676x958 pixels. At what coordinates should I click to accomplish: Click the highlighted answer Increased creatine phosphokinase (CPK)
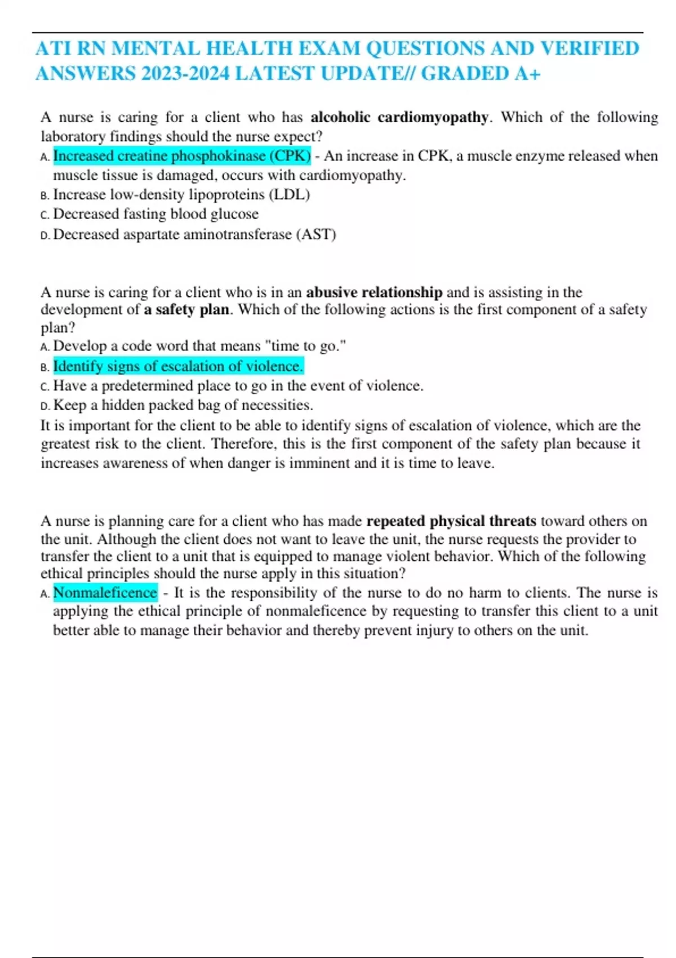point(182,156)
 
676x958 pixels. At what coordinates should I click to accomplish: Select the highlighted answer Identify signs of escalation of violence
point(178,366)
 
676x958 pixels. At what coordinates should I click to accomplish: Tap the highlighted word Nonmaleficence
point(105,593)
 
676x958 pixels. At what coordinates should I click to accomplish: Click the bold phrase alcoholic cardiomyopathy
point(399,117)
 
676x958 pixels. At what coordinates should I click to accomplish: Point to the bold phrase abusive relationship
point(374,292)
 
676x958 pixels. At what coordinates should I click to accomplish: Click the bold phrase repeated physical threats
point(451,521)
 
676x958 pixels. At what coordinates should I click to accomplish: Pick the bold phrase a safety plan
point(186,309)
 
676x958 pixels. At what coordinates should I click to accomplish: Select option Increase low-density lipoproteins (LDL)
point(181,194)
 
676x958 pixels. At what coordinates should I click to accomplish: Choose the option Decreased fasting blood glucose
point(155,214)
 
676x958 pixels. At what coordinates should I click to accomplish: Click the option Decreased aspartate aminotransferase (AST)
point(194,234)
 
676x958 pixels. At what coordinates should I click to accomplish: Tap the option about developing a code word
point(199,346)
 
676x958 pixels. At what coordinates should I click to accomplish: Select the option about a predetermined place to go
point(238,386)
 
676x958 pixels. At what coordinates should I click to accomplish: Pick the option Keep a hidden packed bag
point(183,405)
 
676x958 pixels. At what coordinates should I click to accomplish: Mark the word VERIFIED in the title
point(589,48)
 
